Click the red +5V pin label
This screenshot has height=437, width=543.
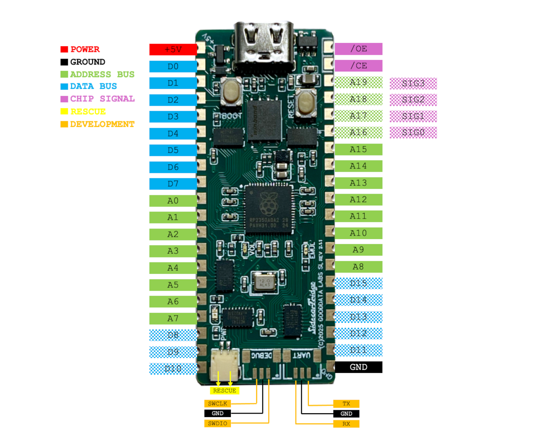point(173,50)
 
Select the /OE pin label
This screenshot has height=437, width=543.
point(358,49)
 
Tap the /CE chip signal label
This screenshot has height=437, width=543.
point(358,66)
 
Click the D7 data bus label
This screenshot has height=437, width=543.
point(173,184)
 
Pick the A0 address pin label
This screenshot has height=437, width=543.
point(173,201)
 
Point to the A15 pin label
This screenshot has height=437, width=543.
point(358,149)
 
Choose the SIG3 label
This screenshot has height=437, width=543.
point(413,83)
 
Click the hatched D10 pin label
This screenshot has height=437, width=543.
point(173,369)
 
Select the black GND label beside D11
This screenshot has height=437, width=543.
point(358,367)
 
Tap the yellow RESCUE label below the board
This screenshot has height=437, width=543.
point(224,391)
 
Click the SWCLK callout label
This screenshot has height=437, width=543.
point(218,403)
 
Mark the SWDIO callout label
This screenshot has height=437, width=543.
point(218,423)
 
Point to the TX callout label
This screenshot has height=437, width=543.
point(346,403)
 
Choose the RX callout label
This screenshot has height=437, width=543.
point(346,424)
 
